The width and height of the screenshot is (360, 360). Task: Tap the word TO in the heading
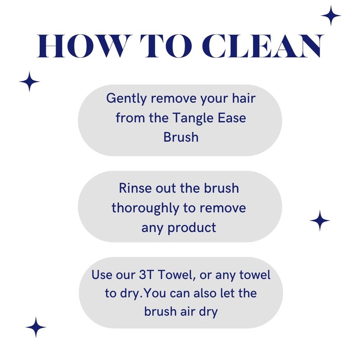click(166, 46)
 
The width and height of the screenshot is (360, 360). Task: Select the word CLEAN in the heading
click(263, 46)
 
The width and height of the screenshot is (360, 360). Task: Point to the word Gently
click(126, 99)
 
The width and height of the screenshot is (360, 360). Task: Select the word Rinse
click(135, 188)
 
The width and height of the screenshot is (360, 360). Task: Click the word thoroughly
click(145, 209)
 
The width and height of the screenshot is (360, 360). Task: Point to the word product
click(192, 228)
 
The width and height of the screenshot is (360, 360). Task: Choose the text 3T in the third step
click(146, 274)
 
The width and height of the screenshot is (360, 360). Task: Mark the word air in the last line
click(188, 312)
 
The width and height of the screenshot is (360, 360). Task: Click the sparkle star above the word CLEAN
click(331, 16)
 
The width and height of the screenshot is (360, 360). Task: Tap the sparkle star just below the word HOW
click(29, 81)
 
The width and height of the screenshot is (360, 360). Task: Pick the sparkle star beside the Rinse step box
click(320, 220)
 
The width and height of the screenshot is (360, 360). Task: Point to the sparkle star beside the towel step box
click(36, 327)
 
